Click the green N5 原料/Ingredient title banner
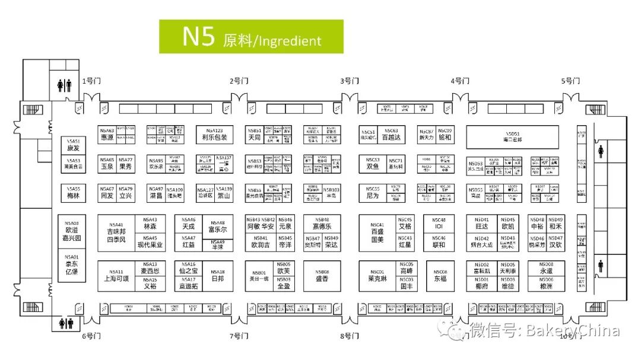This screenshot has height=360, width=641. pyautogui.click(x=251, y=37)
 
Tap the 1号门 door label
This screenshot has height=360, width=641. pyautogui.click(x=91, y=81)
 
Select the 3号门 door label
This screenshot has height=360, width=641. pyautogui.click(x=350, y=81)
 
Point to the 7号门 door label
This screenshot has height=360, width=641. pyautogui.click(x=239, y=336)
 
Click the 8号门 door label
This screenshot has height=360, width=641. pyautogui.click(x=350, y=336)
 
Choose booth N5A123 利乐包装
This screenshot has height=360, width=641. pyautogui.click(x=214, y=134)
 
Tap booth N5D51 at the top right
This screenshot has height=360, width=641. pyautogui.click(x=513, y=137)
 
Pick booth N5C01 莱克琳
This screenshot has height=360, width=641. pyautogui.click(x=377, y=276)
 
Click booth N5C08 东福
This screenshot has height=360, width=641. pyautogui.click(x=440, y=276)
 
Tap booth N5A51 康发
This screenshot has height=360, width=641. pyautogui.click(x=73, y=145)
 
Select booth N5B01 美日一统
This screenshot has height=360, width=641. pyautogui.click(x=259, y=276)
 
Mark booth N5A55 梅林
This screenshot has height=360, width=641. pyautogui.click(x=73, y=192)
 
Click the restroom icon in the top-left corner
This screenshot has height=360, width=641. pyautogui.click(x=64, y=85)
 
